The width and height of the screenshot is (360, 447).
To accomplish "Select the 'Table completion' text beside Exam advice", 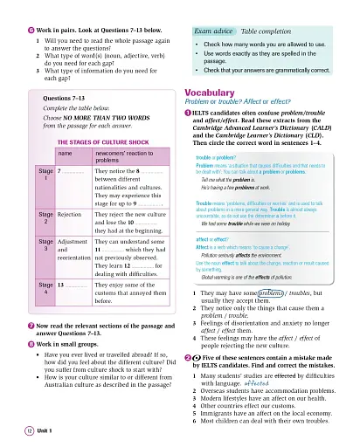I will click(261, 30).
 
